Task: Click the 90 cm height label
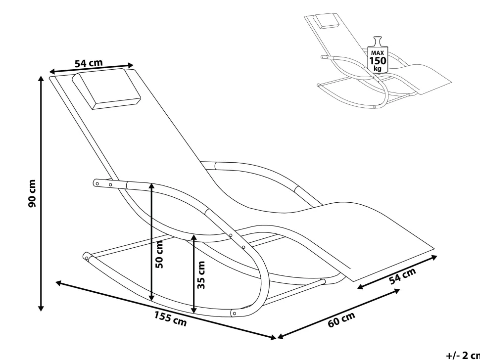point(32,193)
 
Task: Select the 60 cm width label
point(341,320)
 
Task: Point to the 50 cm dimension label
point(159,254)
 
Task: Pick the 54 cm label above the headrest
point(89,63)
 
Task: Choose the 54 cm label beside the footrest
point(402,276)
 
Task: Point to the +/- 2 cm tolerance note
point(462,355)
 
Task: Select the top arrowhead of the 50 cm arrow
point(151,186)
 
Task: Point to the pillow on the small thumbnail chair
point(325,21)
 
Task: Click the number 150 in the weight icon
point(378,61)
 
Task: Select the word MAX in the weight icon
point(378,52)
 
